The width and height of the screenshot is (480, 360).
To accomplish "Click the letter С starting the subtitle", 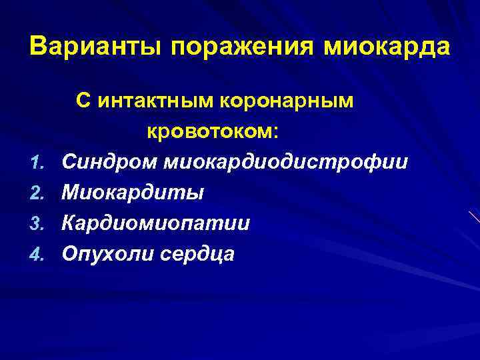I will tap(82, 101).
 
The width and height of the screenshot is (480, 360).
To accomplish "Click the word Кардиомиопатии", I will tap(156, 223).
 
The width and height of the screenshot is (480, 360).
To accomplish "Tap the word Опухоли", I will tap(105, 253).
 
